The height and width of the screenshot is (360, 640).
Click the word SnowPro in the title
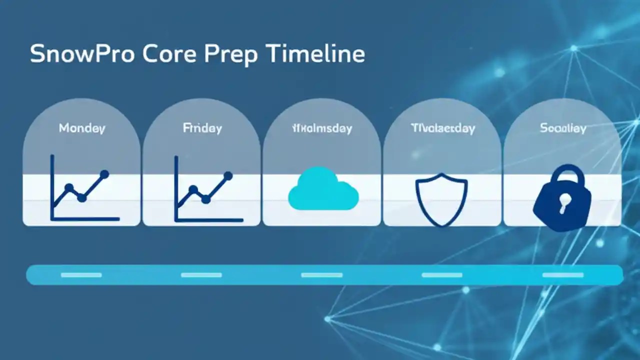click(x=81, y=54)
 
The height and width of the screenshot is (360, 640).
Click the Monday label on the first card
click(x=82, y=128)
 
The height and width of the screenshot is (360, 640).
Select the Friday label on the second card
click(x=202, y=128)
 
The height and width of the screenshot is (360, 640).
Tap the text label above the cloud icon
click(x=322, y=128)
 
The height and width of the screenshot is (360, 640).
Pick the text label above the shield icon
click(x=442, y=128)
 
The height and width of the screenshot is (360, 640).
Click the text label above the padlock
click(x=563, y=128)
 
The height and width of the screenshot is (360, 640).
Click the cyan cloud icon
click(x=323, y=190)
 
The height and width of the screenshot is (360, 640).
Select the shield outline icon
click(x=441, y=199)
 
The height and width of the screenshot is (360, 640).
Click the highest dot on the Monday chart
click(x=104, y=174)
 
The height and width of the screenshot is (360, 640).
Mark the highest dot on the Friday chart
click(x=228, y=175)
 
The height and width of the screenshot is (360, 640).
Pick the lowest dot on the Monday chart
click(x=82, y=198)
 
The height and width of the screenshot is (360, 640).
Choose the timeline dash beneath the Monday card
click(x=81, y=275)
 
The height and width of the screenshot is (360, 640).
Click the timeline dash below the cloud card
click(x=322, y=275)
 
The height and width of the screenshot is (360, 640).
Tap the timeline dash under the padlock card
click(x=563, y=275)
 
